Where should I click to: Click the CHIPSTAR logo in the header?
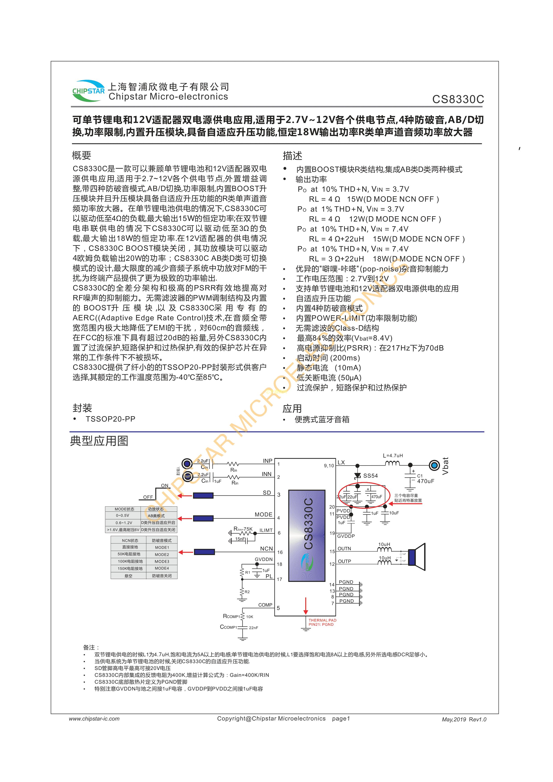click(x=88, y=91)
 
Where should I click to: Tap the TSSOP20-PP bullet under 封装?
click(x=110, y=419)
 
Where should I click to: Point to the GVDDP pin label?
click(x=346, y=536)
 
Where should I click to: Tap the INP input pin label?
click(x=268, y=461)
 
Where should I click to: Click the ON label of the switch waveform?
click(x=165, y=485)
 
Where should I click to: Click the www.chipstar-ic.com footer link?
click(x=94, y=719)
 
